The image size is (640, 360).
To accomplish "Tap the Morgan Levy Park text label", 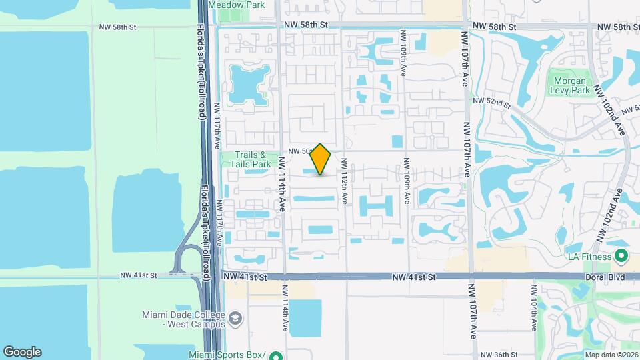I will pos(570,85).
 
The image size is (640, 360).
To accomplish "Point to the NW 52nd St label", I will pos(491,102).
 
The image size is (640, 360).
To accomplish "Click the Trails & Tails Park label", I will pos(251,159).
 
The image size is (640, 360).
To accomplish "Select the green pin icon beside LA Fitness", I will pos(621,255).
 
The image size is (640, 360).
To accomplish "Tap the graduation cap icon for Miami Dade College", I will pos(235,319).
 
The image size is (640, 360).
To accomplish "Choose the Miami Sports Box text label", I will pos(227,355).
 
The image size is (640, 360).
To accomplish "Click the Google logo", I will pos(22,352).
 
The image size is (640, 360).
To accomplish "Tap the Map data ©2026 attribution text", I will pos(611,354).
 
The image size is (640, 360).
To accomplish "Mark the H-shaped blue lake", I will pos(377,205).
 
